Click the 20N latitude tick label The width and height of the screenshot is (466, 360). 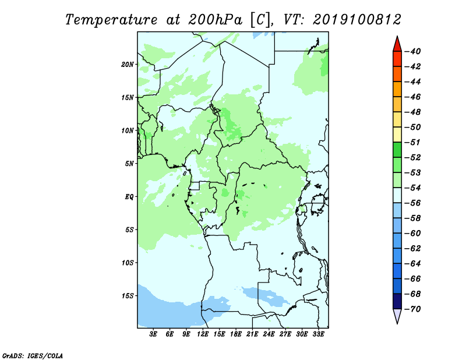tap(127, 65)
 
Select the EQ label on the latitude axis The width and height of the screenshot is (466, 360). tap(129, 197)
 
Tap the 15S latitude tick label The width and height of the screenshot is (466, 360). tap(127, 296)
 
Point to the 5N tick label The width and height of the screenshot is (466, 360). tap(129, 164)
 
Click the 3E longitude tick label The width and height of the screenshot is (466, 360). tap(153, 334)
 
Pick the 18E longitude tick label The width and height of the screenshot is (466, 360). tap(235, 334)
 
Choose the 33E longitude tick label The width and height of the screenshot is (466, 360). tap(318, 334)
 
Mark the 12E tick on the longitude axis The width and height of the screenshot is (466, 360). tap(202, 334)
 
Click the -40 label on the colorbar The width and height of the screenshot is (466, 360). tap(412, 51)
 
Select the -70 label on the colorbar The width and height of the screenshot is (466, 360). tap(412, 309)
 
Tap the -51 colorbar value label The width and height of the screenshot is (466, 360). tap(412, 142)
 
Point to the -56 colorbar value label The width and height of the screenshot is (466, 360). tap(412, 203)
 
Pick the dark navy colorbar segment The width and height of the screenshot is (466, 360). tap(397, 301)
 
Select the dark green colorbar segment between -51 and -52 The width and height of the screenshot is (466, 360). tap(397, 150)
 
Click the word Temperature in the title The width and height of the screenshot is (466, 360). tap(111, 20)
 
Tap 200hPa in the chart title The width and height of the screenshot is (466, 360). tap(215, 20)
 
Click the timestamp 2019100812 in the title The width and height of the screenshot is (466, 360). tap(357, 20)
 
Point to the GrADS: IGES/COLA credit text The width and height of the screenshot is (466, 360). tap(33, 356)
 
